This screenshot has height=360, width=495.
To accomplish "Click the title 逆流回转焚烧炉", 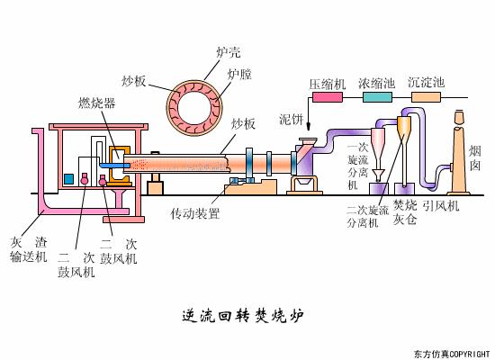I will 243,316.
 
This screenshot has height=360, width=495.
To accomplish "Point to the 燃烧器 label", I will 96,103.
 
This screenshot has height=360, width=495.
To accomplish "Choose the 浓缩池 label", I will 376,84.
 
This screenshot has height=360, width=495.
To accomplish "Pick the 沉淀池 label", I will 426,84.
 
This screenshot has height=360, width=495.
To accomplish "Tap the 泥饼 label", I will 292,118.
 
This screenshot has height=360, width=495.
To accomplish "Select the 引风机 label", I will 441,206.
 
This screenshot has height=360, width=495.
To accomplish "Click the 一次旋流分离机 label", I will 356,166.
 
